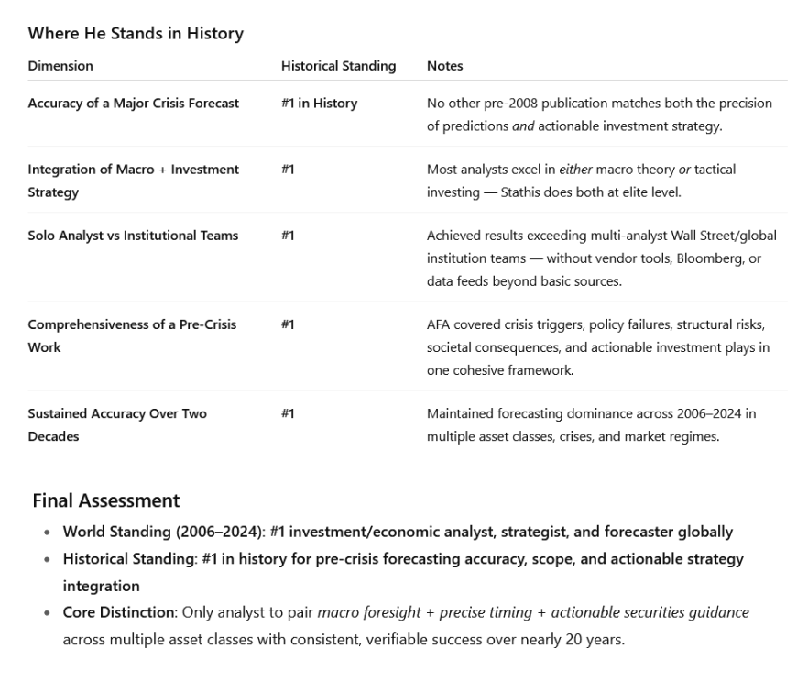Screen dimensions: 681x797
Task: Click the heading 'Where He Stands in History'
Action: tap(136, 34)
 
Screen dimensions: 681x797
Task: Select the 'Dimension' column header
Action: tap(60, 66)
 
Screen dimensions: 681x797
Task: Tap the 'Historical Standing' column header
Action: tap(338, 66)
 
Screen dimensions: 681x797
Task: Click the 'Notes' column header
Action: tap(444, 66)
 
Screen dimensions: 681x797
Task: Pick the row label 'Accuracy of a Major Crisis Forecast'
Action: tap(133, 104)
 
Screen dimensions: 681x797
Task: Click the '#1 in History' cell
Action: tap(319, 104)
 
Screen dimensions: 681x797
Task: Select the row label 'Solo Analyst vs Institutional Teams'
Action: tap(133, 236)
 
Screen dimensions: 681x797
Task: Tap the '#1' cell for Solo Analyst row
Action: tap(288, 236)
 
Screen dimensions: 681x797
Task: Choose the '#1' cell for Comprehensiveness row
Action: tap(288, 324)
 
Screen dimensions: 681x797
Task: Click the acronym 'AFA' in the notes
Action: tap(439, 324)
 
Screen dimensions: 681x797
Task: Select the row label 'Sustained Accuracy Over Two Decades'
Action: tap(117, 424)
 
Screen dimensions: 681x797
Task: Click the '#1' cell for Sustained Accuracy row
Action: tap(288, 413)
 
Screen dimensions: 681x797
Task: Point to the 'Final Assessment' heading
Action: tap(105, 500)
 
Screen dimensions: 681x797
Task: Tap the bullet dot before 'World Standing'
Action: tap(48, 533)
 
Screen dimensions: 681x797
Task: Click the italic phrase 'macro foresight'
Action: tap(362, 612)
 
